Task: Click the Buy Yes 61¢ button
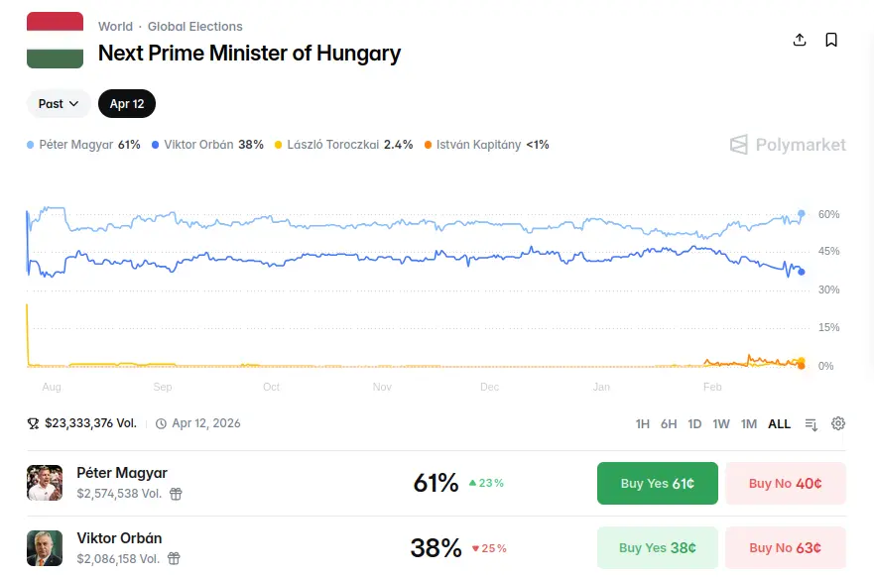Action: pos(657,484)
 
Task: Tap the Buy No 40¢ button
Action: pos(785,484)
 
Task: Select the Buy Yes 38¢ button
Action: pos(657,547)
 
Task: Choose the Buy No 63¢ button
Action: pos(785,547)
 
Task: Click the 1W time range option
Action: pos(721,424)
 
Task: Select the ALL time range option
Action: pos(780,424)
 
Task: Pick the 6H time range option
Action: pos(669,424)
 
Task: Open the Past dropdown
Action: pos(59,104)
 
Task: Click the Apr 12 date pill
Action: pos(127,104)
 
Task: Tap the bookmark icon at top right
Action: pos(831,40)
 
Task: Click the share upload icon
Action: pos(800,40)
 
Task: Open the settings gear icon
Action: pos(838,424)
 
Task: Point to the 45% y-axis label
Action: pos(828,252)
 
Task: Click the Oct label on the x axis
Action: pos(271,387)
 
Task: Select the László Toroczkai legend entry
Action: pos(343,145)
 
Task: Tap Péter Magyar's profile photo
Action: pos(45,483)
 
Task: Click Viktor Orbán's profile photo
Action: pos(45,547)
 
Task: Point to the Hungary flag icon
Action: pos(55,41)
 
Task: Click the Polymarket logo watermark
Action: pos(789,145)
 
